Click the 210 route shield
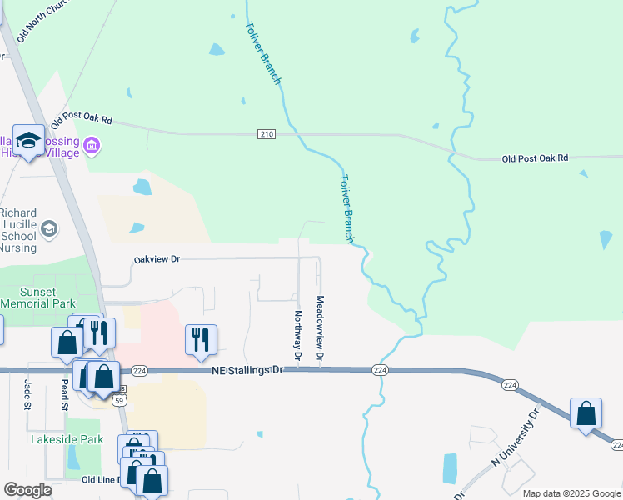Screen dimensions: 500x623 coord(266,134)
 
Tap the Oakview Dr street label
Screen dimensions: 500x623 coord(157,259)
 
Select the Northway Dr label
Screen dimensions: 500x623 coord(297,331)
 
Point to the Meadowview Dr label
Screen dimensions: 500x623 coord(320,328)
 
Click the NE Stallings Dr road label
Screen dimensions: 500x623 coord(248,370)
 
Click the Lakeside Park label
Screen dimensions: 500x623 coord(67,439)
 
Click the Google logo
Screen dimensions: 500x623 coord(27,490)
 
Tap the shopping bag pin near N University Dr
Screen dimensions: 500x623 coord(586,412)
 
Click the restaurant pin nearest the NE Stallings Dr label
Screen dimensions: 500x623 coord(201,339)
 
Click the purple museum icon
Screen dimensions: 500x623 coord(92,148)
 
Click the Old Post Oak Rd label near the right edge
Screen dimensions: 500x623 coord(535,157)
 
